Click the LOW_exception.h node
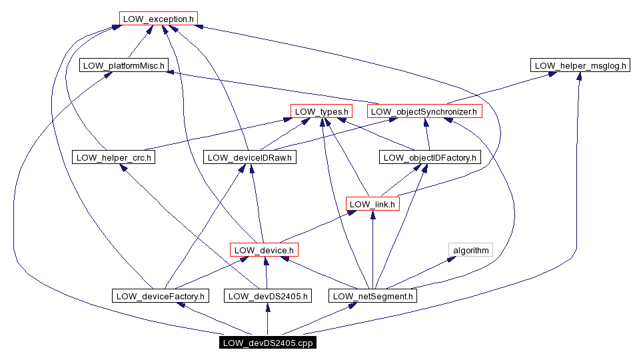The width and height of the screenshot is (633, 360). pyautogui.click(x=159, y=19)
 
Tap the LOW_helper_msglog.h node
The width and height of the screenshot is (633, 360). pyautogui.click(x=580, y=65)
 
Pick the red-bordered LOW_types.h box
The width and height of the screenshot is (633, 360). pyautogui.click(x=321, y=111)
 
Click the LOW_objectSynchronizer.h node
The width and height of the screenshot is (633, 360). pyautogui.click(x=425, y=111)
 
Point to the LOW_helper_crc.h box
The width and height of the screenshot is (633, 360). pyautogui.click(x=113, y=158)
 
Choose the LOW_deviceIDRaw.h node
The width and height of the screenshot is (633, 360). pyautogui.click(x=250, y=158)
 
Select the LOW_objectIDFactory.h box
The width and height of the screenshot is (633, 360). pyautogui.click(x=430, y=158)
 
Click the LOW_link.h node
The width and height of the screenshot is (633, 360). pyautogui.click(x=372, y=204)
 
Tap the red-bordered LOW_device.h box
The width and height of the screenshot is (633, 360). pyautogui.click(x=263, y=250)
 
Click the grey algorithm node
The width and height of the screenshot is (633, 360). pyautogui.click(x=470, y=250)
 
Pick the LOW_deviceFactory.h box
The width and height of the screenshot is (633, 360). pyautogui.click(x=160, y=296)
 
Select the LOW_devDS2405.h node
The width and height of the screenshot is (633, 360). pyautogui.click(x=267, y=296)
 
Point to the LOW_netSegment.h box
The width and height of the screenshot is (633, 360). pyautogui.click(x=373, y=296)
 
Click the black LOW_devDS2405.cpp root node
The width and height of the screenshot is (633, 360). pyautogui.click(x=267, y=343)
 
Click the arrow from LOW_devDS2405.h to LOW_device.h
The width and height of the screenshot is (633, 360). pyautogui.click(x=266, y=273)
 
